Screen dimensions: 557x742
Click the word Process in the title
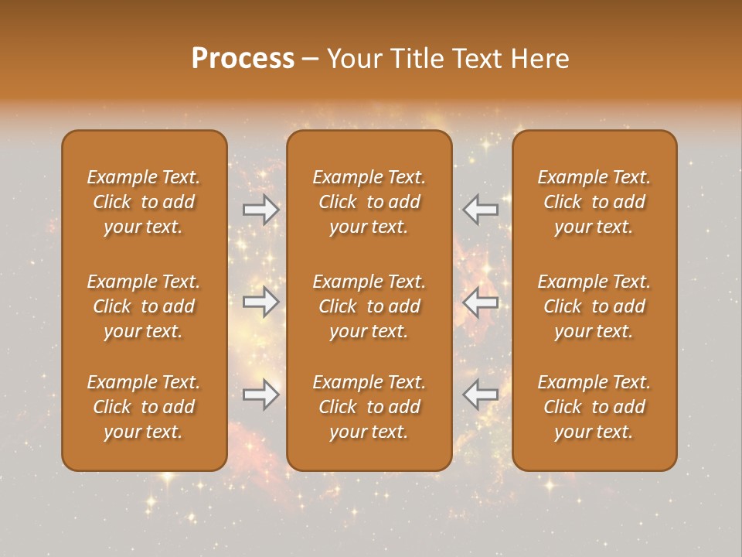coord(243,59)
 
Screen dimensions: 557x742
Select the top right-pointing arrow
coord(261,209)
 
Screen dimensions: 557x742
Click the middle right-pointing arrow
coord(261,302)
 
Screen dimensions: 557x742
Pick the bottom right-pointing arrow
coord(261,395)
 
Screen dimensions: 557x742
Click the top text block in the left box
coord(144,202)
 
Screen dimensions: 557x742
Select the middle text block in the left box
coord(144,306)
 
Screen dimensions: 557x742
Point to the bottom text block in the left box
coord(144,407)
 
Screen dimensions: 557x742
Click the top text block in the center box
coord(369,202)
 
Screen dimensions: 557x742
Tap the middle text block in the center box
coord(369,306)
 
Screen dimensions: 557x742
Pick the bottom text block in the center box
coord(369,407)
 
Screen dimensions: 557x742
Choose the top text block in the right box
coord(594,202)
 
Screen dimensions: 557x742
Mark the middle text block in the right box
coord(594,306)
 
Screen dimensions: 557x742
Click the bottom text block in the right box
coord(594,407)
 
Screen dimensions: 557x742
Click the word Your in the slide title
coord(355,59)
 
